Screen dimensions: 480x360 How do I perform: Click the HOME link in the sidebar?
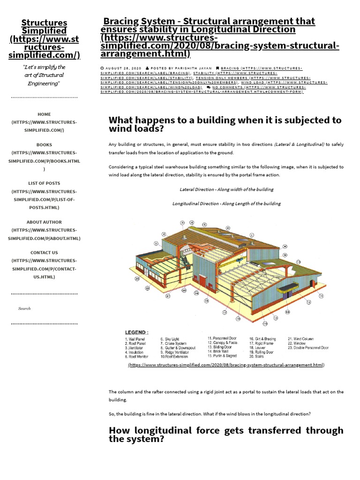(44, 114)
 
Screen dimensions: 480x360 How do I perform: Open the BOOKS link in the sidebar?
(44, 145)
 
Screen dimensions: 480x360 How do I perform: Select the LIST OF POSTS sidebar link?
(44, 183)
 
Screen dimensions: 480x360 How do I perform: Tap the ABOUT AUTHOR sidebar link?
(44, 222)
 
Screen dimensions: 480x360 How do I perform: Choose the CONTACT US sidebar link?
(44, 253)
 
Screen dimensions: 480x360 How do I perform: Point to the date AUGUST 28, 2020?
(120, 68)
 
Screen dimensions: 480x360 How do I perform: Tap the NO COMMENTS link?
(225, 87)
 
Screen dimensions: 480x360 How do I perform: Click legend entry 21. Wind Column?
(300, 339)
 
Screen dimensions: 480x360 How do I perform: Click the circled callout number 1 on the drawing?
(252, 235)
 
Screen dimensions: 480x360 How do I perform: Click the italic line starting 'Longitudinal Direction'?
(226, 203)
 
